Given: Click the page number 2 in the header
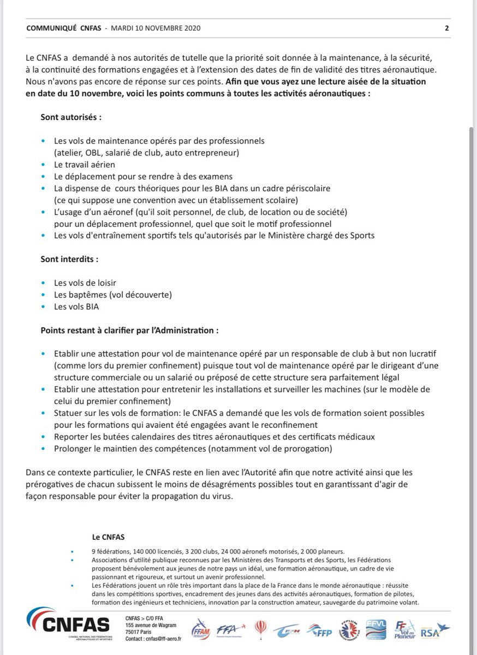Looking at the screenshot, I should click(x=446, y=29).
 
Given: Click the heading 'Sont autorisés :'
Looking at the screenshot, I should click(x=71, y=117).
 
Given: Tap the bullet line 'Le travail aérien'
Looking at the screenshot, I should click(x=84, y=164).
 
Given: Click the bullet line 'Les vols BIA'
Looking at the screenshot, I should click(x=76, y=307).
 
